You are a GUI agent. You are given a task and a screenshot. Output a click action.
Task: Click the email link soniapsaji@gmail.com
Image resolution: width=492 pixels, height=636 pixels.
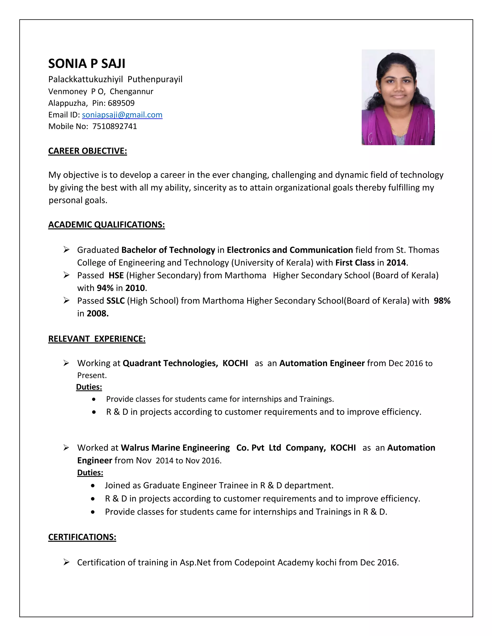point(122,115)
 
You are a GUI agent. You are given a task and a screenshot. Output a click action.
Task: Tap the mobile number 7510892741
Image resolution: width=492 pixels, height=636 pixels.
point(115,126)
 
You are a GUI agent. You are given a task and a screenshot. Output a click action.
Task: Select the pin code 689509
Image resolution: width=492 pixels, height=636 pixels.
point(121,103)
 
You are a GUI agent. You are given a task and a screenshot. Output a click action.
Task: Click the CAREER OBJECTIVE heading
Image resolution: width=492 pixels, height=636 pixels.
point(87,151)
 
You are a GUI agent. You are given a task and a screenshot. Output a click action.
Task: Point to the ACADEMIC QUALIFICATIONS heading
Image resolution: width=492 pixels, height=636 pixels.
point(106,225)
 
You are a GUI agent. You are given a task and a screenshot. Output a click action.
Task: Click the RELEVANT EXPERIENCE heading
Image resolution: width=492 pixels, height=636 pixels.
point(97,339)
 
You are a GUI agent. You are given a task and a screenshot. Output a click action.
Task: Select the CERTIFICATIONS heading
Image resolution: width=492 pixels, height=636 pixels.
point(82,537)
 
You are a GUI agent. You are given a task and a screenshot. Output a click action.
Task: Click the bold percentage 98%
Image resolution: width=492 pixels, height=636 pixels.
point(442,301)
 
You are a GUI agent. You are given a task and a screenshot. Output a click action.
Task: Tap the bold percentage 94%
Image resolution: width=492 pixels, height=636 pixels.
point(105,288)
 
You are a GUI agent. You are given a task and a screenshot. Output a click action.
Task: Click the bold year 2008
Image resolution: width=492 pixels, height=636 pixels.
point(97,313)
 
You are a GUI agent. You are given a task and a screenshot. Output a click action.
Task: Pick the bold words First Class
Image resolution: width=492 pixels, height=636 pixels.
point(355,263)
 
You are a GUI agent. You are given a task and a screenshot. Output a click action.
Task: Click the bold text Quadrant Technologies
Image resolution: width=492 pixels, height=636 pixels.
point(170,363)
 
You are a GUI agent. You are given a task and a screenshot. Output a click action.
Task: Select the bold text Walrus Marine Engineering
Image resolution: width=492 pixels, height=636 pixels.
point(175,448)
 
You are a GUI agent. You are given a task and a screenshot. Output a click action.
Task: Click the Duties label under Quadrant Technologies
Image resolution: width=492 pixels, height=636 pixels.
point(89,387)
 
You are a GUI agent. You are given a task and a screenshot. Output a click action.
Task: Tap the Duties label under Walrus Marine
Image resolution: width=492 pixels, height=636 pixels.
point(90,472)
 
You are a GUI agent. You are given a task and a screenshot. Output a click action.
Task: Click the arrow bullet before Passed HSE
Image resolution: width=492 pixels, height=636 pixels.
point(67,275)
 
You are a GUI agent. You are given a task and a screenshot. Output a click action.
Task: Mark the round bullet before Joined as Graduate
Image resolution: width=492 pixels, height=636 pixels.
point(93,486)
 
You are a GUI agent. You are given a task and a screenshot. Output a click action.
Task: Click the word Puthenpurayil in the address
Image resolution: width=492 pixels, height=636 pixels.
point(155,79)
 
